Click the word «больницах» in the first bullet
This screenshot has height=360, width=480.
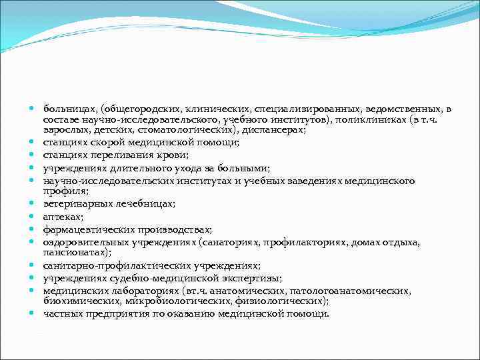pos(67,109)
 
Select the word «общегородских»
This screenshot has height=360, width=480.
pos(134,109)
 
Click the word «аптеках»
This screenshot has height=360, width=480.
pos(62,217)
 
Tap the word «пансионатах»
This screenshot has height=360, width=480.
pos(76,253)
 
